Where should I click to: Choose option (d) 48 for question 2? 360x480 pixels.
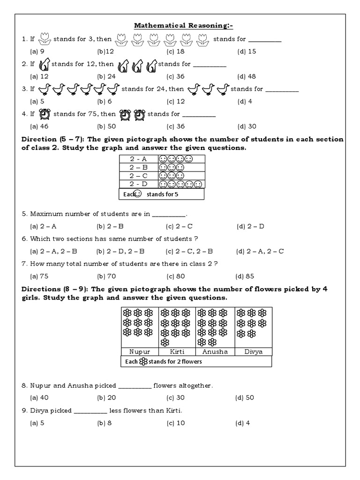pos(246,76)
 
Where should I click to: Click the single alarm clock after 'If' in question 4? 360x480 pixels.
pos(45,114)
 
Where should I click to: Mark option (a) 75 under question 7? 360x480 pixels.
pos(39,276)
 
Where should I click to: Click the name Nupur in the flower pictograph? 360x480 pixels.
pos(140,351)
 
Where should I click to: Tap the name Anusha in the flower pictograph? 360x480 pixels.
pos(215,351)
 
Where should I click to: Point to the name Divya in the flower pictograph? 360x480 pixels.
pos(253,351)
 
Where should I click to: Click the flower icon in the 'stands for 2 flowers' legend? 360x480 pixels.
pos(143,361)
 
